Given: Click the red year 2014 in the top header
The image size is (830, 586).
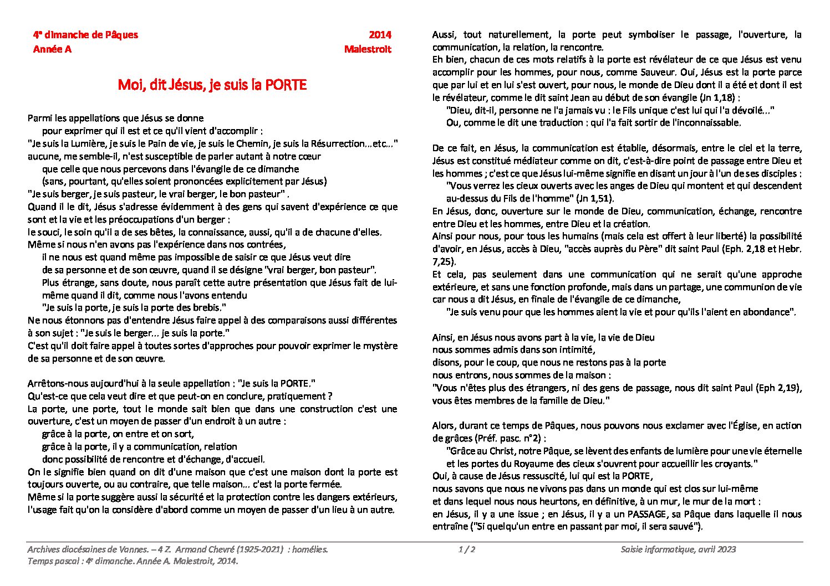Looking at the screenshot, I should click(380, 35).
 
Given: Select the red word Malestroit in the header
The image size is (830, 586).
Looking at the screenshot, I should click(368, 49).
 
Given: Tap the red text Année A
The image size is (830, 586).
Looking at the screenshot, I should click(52, 49).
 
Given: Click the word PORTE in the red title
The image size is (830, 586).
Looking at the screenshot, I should click(285, 85).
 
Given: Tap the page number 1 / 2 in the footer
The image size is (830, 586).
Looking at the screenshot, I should click(467, 549).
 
